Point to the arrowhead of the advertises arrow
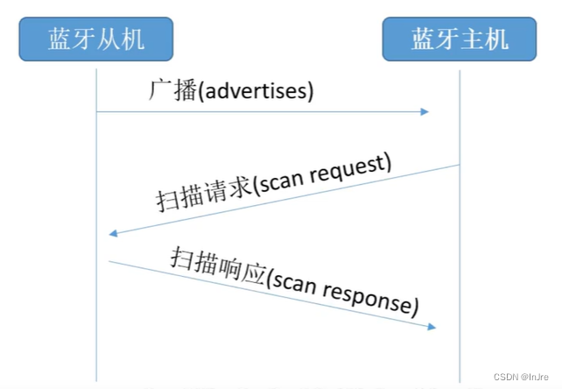point(425,111)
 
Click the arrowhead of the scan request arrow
point(112,234)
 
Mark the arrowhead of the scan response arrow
point(432,328)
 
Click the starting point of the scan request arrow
point(460,165)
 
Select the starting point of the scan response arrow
point(109,260)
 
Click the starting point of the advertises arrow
point(97,111)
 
